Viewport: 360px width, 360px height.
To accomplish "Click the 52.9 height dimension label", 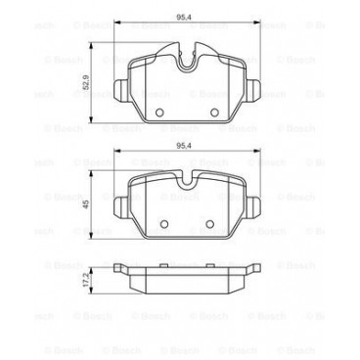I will (86, 84).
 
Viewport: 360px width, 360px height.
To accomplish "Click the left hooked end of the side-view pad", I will (120, 267).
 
